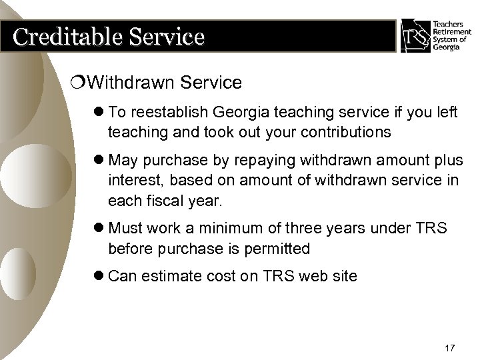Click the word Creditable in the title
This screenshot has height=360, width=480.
[59, 37]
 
